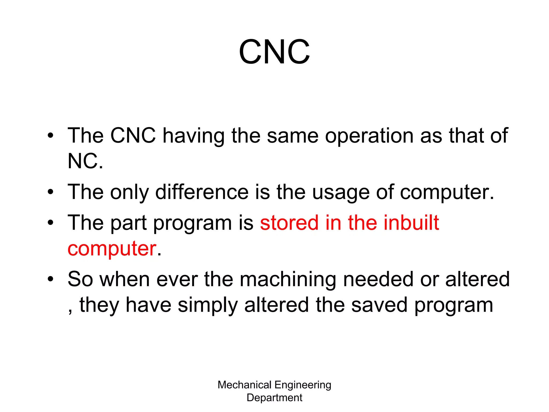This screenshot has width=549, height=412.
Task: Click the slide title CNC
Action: [274, 52]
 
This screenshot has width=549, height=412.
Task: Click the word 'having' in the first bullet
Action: [194, 136]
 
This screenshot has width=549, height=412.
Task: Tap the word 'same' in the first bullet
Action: [292, 136]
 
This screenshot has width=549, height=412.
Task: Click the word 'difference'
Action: [202, 192]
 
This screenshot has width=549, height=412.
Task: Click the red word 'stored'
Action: [289, 223]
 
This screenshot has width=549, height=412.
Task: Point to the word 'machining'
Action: [288, 279]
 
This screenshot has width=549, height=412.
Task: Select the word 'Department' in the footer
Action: [274, 398]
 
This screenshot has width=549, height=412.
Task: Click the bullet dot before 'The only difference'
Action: [50, 192]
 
